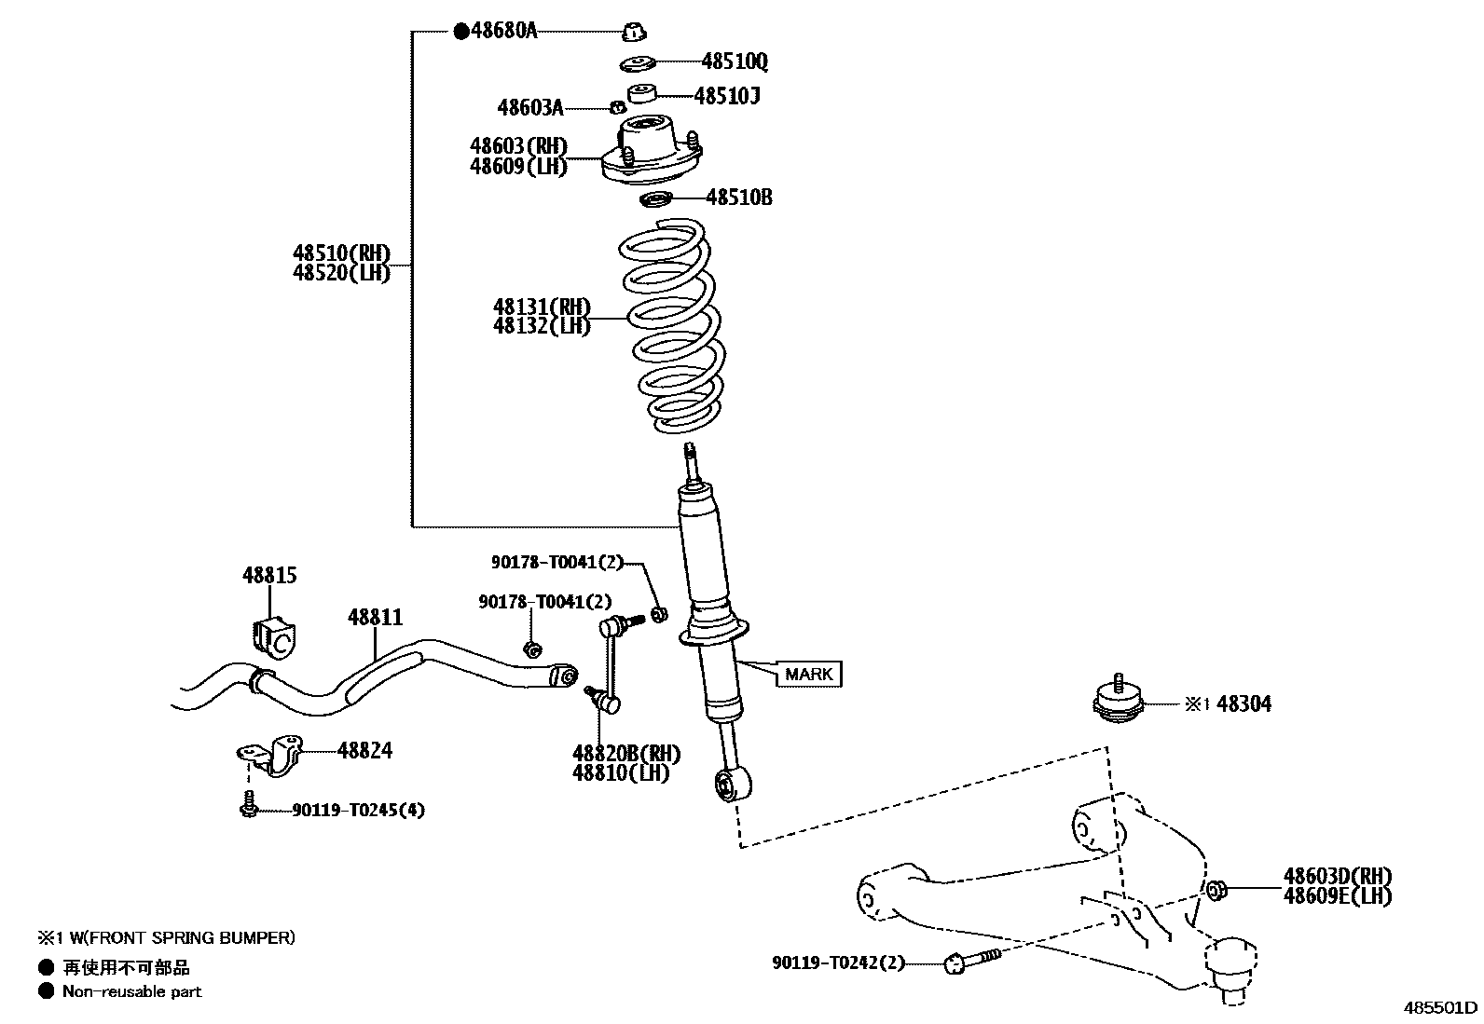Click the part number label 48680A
point(503,31)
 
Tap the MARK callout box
point(808,674)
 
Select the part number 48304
point(1244,704)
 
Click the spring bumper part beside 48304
point(1117,700)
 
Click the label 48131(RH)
point(542,307)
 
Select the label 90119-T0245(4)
point(358,811)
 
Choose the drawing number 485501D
point(1442,1007)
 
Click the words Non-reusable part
point(131,991)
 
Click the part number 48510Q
point(735,61)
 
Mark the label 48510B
point(738,198)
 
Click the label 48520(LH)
point(340,274)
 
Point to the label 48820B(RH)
point(625,753)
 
